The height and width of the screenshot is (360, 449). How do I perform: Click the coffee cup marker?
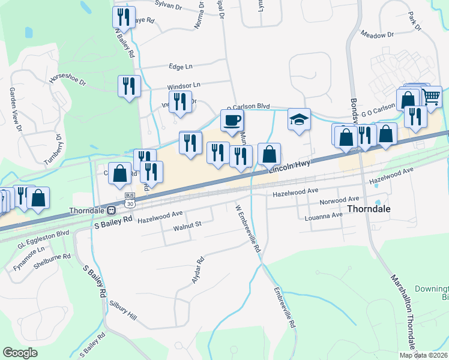coord(232,120)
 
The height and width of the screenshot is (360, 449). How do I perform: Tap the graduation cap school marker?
coord(298,119)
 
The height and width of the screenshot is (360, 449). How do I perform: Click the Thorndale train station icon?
coord(112,210)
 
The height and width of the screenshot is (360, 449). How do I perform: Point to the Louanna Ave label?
coord(325,216)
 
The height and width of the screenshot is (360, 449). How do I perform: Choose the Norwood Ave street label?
coord(339,199)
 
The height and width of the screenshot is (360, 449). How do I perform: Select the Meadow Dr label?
coord(377,35)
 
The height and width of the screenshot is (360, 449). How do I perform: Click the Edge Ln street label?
coord(182,67)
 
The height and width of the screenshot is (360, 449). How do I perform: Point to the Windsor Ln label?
coord(184,86)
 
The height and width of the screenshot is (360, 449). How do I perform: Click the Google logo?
coord(20,353)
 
